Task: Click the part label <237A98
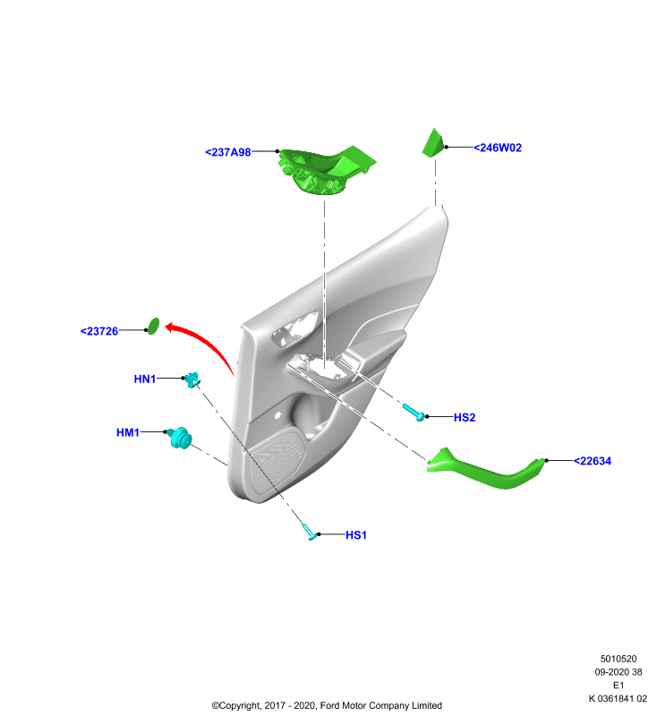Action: (x=228, y=152)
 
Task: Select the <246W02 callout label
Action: (x=497, y=148)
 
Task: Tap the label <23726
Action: (x=99, y=331)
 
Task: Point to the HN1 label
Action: (x=145, y=379)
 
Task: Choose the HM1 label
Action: (x=128, y=432)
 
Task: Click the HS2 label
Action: (x=465, y=417)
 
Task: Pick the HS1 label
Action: (x=356, y=534)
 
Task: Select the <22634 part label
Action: (x=593, y=461)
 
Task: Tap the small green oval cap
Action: (x=154, y=326)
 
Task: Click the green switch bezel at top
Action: (x=326, y=170)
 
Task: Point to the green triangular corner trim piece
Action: (x=433, y=143)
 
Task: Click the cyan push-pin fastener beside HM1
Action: (x=180, y=438)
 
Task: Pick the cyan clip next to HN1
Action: (x=193, y=379)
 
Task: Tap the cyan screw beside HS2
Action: (x=414, y=412)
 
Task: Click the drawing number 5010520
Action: (x=619, y=659)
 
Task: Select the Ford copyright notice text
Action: (x=327, y=705)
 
